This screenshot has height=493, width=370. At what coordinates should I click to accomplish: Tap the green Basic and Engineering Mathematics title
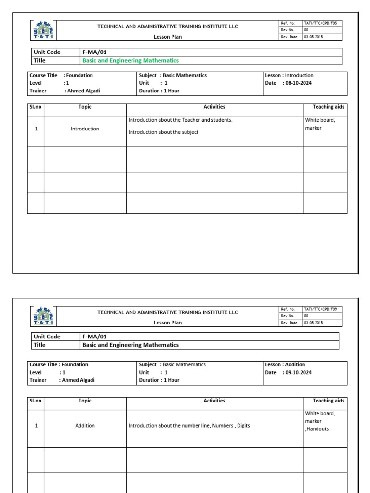[131, 60]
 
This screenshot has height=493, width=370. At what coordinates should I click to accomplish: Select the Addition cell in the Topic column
[85, 426]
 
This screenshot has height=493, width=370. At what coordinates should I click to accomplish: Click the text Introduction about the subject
[163, 132]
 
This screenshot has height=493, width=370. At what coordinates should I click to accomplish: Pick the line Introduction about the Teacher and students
[180, 120]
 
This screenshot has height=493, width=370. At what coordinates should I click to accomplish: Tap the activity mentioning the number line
[189, 426]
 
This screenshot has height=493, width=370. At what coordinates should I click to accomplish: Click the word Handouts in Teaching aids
[317, 429]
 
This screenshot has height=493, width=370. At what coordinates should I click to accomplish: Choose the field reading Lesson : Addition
[285, 364]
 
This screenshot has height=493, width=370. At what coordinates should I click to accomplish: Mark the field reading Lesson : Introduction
[289, 75]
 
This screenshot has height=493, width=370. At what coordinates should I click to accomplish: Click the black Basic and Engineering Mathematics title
[131, 345]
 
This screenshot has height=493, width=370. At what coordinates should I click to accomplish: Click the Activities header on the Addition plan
[214, 401]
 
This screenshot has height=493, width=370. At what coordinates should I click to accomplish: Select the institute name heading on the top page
[168, 26]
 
